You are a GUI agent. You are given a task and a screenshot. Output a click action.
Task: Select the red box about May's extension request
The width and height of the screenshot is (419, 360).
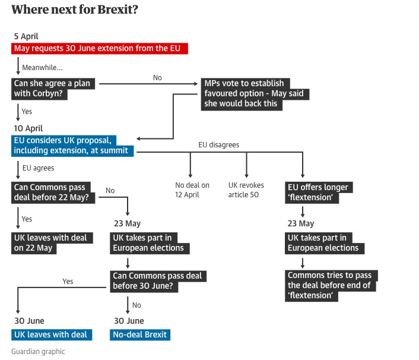tap(100, 49)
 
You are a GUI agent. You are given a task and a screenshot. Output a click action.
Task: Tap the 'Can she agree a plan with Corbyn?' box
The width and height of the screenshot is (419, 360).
tap(52, 89)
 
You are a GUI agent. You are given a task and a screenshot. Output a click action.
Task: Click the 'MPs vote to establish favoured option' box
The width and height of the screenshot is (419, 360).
tap(255, 93)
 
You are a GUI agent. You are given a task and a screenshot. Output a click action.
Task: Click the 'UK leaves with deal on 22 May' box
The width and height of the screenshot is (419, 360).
tap(51, 243)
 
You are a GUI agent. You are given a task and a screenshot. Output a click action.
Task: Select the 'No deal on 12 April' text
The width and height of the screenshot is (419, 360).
tap(192, 190)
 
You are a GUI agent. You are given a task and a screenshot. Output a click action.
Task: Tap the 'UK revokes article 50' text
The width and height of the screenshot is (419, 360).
tap(246, 190)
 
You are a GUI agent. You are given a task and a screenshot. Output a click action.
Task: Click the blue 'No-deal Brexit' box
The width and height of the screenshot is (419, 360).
tap(141, 334)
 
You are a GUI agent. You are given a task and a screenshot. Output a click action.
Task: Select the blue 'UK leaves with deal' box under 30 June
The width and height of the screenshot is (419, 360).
tap(51, 334)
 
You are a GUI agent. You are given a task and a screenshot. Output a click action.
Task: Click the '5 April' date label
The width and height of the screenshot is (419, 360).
tap(26, 36)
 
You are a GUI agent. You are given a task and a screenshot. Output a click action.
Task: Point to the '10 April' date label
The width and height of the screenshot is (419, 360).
tap(28, 128)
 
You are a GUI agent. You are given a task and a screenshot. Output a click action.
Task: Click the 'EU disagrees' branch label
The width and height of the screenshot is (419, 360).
tap(219, 145)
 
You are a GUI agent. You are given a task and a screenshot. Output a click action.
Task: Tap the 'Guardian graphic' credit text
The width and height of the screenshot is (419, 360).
tap(38, 351)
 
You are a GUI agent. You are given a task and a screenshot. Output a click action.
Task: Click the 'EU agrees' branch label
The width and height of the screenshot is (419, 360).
tap(39, 168)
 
